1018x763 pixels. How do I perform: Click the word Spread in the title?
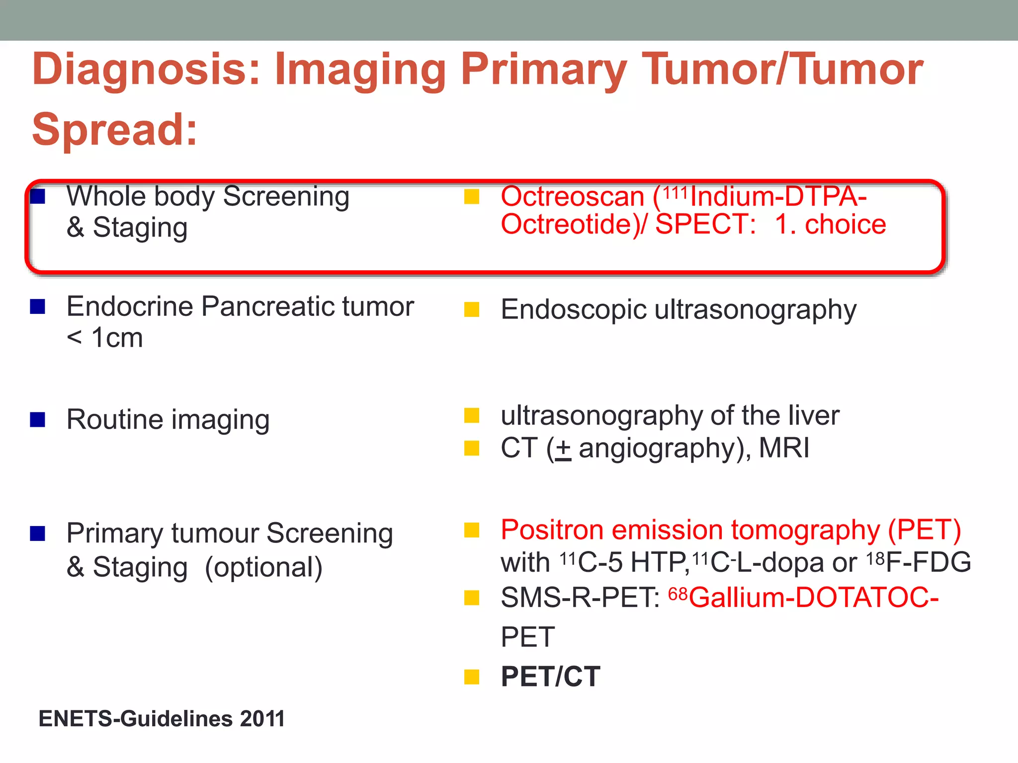pyautogui.click(x=114, y=130)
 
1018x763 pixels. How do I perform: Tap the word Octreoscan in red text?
pyautogui.click(x=572, y=197)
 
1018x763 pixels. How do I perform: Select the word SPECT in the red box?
pyautogui.click(x=705, y=225)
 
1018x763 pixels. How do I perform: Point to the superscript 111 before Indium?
pyautogui.click(x=676, y=192)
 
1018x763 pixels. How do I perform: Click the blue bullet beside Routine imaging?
pyautogui.click(x=38, y=420)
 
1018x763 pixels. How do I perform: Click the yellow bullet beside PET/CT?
pyautogui.click(x=471, y=677)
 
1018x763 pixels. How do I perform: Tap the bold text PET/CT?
pyautogui.click(x=550, y=677)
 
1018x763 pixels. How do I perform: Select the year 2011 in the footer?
pyautogui.click(x=262, y=719)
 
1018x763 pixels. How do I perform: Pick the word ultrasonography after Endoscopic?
pyautogui.click(x=755, y=310)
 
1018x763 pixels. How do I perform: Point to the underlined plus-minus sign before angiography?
pyautogui.click(x=563, y=449)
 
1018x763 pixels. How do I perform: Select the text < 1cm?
pyautogui.click(x=105, y=338)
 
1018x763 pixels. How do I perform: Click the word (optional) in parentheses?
pyautogui.click(x=263, y=568)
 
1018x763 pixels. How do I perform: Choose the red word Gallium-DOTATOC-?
pyautogui.click(x=813, y=598)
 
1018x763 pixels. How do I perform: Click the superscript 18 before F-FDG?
pyautogui.click(x=875, y=559)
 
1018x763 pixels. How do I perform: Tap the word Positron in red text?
pyautogui.click(x=552, y=530)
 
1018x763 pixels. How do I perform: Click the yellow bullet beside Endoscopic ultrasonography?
pyautogui.click(x=471, y=310)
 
